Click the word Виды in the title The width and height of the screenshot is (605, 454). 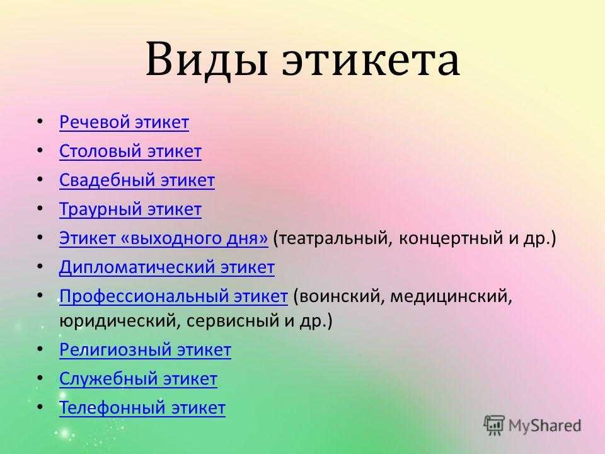(x=207, y=59)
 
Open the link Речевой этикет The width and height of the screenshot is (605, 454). (x=124, y=122)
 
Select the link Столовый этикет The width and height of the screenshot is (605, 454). (x=130, y=151)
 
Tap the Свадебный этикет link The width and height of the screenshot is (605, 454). (x=137, y=180)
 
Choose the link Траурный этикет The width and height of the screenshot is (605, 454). (x=130, y=209)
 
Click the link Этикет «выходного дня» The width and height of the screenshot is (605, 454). (x=164, y=238)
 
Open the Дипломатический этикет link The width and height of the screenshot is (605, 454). (x=167, y=267)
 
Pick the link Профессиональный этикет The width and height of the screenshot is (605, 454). (x=174, y=296)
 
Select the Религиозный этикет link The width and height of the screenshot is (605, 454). (x=146, y=350)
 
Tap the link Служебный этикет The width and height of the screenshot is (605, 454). (x=139, y=379)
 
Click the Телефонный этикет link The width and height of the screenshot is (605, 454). (x=142, y=408)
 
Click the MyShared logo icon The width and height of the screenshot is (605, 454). (x=494, y=425)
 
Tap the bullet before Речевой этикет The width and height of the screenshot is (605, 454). (x=40, y=122)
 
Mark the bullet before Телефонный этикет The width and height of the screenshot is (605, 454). (x=40, y=407)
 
